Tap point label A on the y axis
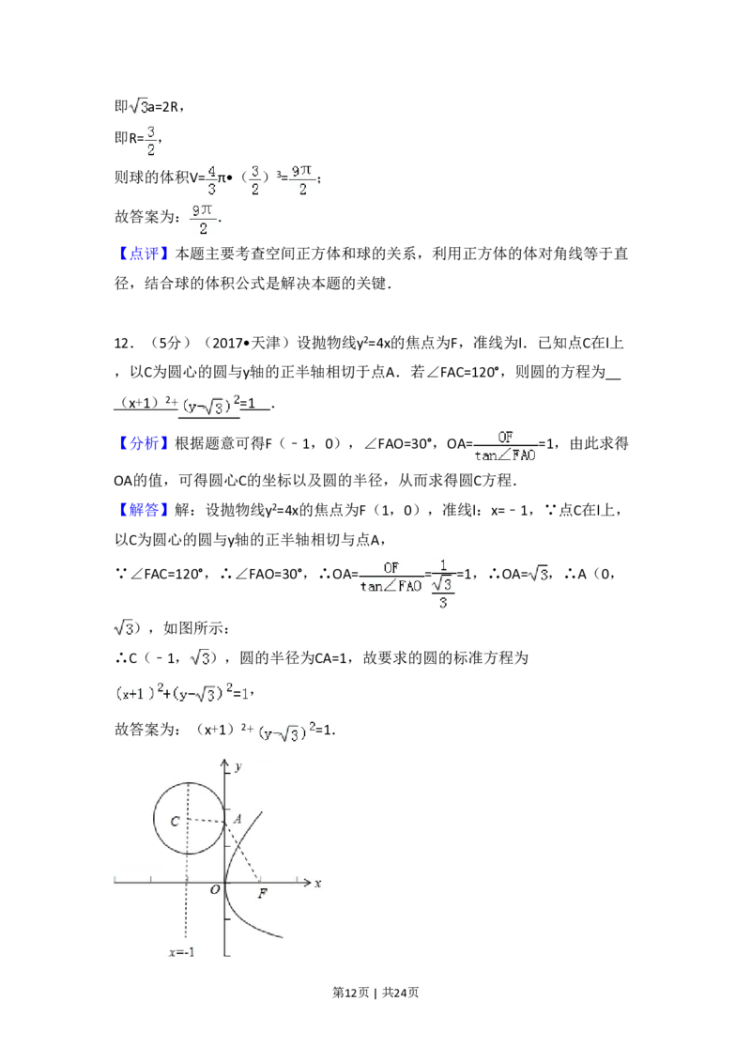pyautogui.click(x=238, y=819)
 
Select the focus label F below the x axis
pyautogui.click(x=263, y=894)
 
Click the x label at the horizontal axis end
pyautogui.click(x=318, y=883)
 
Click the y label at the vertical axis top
pyautogui.click(x=239, y=767)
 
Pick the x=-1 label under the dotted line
pyautogui.click(x=182, y=951)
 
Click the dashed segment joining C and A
pyautogui.click(x=207, y=821)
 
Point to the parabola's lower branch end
pyautogui.click(x=281, y=936)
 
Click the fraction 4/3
pyautogui.click(x=211, y=179)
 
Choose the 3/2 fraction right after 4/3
pyautogui.click(x=254, y=179)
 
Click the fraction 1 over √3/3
pyautogui.click(x=442, y=584)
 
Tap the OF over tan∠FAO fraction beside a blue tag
pyautogui.click(x=507, y=446)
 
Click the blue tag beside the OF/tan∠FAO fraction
pyautogui.click(x=145, y=442)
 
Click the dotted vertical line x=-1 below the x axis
pyautogui.click(x=188, y=920)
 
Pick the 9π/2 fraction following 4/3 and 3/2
pyautogui.click(x=301, y=179)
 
